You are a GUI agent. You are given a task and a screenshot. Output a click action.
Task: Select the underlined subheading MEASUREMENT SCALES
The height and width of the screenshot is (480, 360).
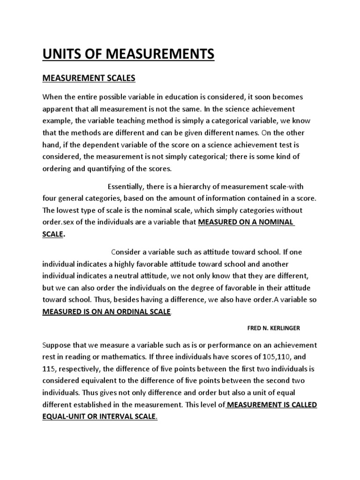tap(89, 78)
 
